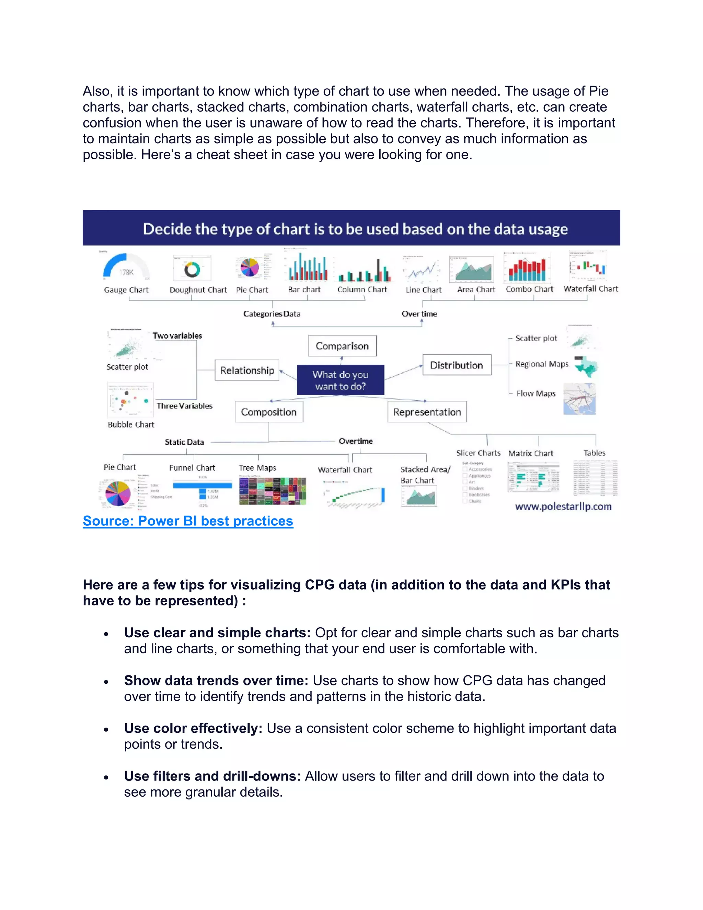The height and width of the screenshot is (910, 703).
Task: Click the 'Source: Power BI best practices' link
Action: click(x=188, y=521)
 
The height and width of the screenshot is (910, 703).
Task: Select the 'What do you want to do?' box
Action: click(x=340, y=380)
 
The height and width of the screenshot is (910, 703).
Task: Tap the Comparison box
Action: click(x=342, y=346)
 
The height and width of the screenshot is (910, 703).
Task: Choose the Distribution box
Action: click(x=457, y=365)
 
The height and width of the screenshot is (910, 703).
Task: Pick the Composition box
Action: click(x=269, y=412)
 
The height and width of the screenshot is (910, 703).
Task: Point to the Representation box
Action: click(x=427, y=412)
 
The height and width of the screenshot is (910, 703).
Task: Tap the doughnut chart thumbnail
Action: click(x=192, y=269)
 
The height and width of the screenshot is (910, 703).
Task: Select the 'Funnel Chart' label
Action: click(x=192, y=467)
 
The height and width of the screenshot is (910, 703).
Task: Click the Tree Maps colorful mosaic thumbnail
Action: click(x=272, y=491)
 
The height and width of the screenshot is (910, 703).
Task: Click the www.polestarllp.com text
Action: click(x=563, y=506)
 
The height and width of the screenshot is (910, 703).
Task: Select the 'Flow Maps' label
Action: click(x=535, y=393)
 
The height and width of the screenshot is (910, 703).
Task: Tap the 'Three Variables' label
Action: click(x=184, y=406)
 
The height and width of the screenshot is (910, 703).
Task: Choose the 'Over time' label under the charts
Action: click(x=419, y=314)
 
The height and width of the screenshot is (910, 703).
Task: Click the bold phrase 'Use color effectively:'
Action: click(x=193, y=728)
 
